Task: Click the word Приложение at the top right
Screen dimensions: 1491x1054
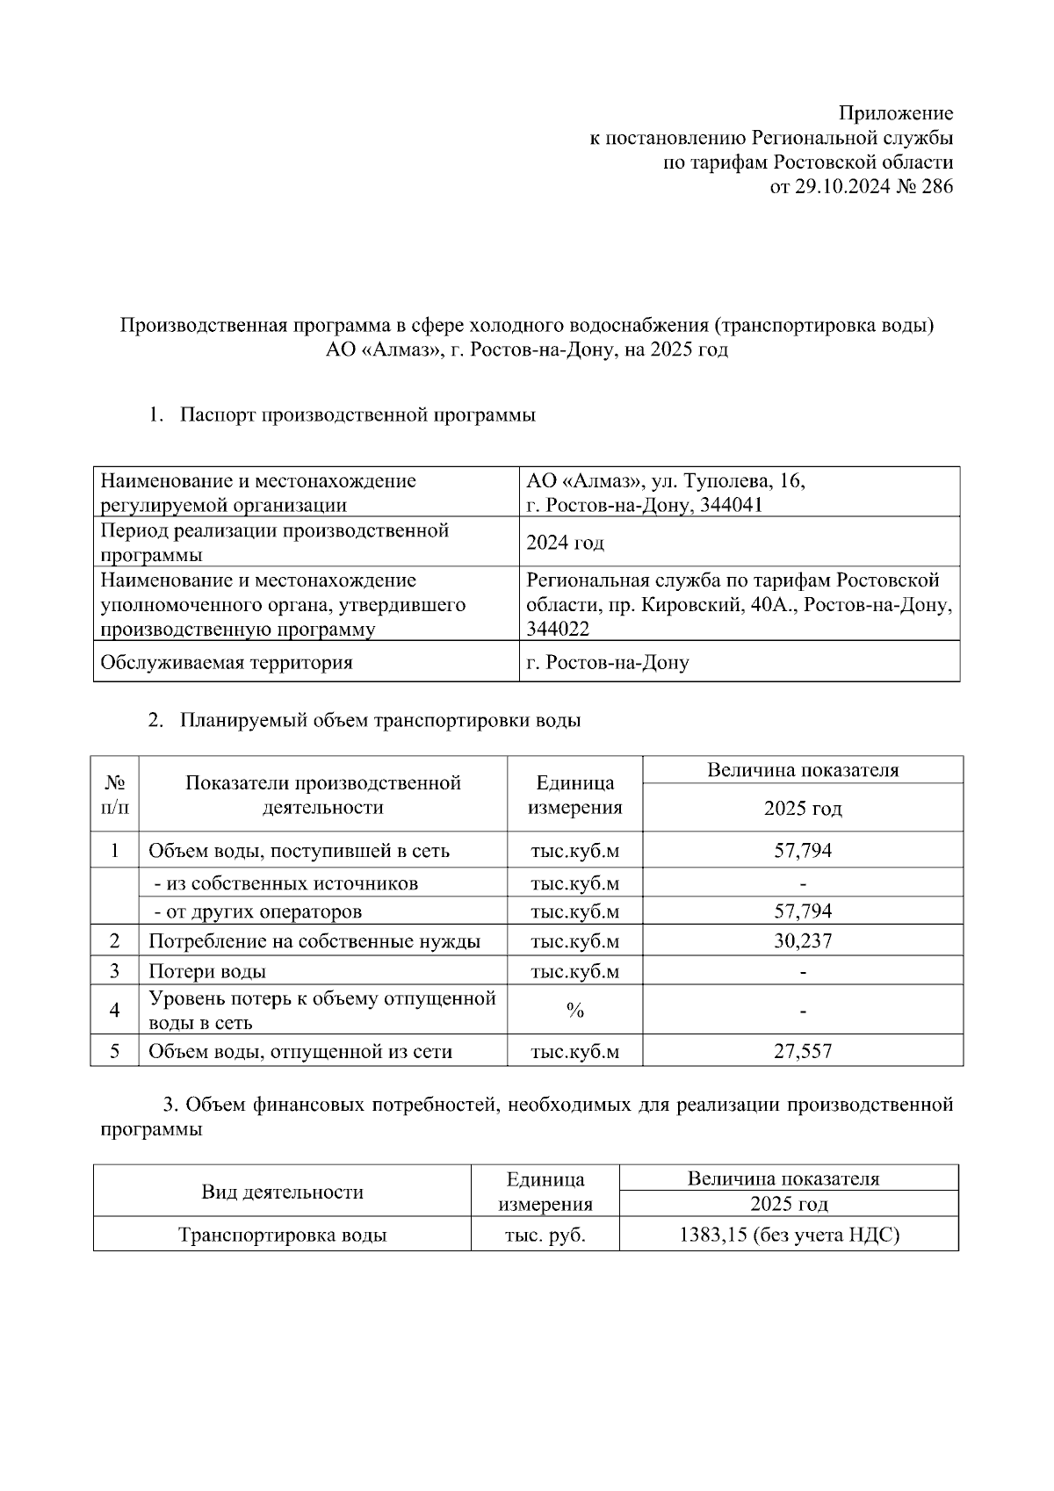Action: coord(895,113)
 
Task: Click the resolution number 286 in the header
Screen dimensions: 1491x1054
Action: coord(936,187)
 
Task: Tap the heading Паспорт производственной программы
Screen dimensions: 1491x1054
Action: coord(357,415)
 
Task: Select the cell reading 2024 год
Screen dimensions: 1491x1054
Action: coord(565,543)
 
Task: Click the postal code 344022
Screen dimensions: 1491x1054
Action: coord(558,630)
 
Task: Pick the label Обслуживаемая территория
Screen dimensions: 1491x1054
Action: coord(227,663)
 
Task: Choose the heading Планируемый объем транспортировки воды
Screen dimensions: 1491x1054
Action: coord(380,721)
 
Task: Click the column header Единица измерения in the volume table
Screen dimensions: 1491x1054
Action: coord(574,795)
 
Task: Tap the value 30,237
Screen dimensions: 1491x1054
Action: coord(802,941)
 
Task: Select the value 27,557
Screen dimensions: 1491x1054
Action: coord(802,1051)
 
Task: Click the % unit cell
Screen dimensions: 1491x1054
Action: coord(574,1011)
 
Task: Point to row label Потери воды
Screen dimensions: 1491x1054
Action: coord(207,971)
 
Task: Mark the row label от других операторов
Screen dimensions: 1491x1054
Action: coord(263,911)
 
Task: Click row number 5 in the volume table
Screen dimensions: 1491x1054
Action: coord(115,1051)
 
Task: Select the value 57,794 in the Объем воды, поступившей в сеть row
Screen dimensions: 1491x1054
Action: coord(802,850)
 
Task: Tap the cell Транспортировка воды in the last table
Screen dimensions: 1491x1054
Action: coord(282,1235)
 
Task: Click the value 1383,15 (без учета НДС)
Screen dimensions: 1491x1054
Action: coord(789,1235)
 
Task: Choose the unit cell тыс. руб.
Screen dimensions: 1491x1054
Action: coord(545,1235)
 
